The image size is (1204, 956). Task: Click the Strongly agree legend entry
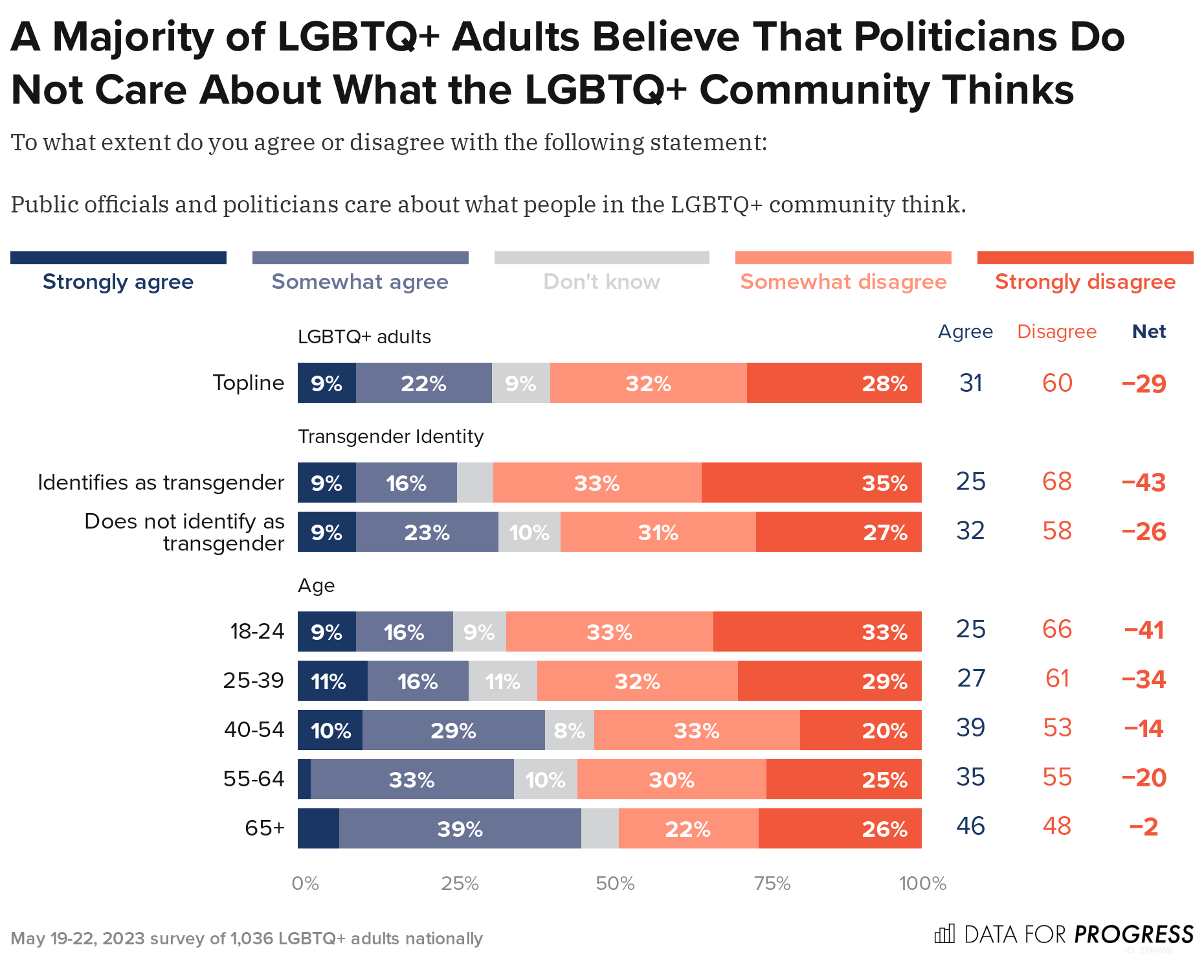(x=118, y=282)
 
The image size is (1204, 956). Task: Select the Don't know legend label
(x=601, y=282)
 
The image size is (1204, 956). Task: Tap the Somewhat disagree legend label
(x=843, y=282)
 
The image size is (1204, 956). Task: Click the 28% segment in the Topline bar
(x=834, y=383)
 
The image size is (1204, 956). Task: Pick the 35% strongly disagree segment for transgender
(x=811, y=483)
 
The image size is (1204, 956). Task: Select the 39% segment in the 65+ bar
(x=460, y=828)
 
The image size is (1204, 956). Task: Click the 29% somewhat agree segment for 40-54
(x=453, y=730)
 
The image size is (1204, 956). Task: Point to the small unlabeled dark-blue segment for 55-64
(x=304, y=779)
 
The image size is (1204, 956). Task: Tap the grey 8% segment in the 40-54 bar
(x=569, y=730)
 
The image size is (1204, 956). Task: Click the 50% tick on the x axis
(x=615, y=883)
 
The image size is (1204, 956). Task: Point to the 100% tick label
(x=922, y=883)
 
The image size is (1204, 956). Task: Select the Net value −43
(x=1143, y=483)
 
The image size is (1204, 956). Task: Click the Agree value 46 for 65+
(x=970, y=826)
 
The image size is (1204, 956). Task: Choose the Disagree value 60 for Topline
(x=1057, y=383)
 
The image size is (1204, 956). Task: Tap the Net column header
(x=1148, y=332)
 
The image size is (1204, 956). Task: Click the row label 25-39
(x=254, y=680)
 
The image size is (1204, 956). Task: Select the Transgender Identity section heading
(x=390, y=437)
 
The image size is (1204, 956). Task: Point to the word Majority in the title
(x=133, y=37)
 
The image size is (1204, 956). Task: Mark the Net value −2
(x=1143, y=826)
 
